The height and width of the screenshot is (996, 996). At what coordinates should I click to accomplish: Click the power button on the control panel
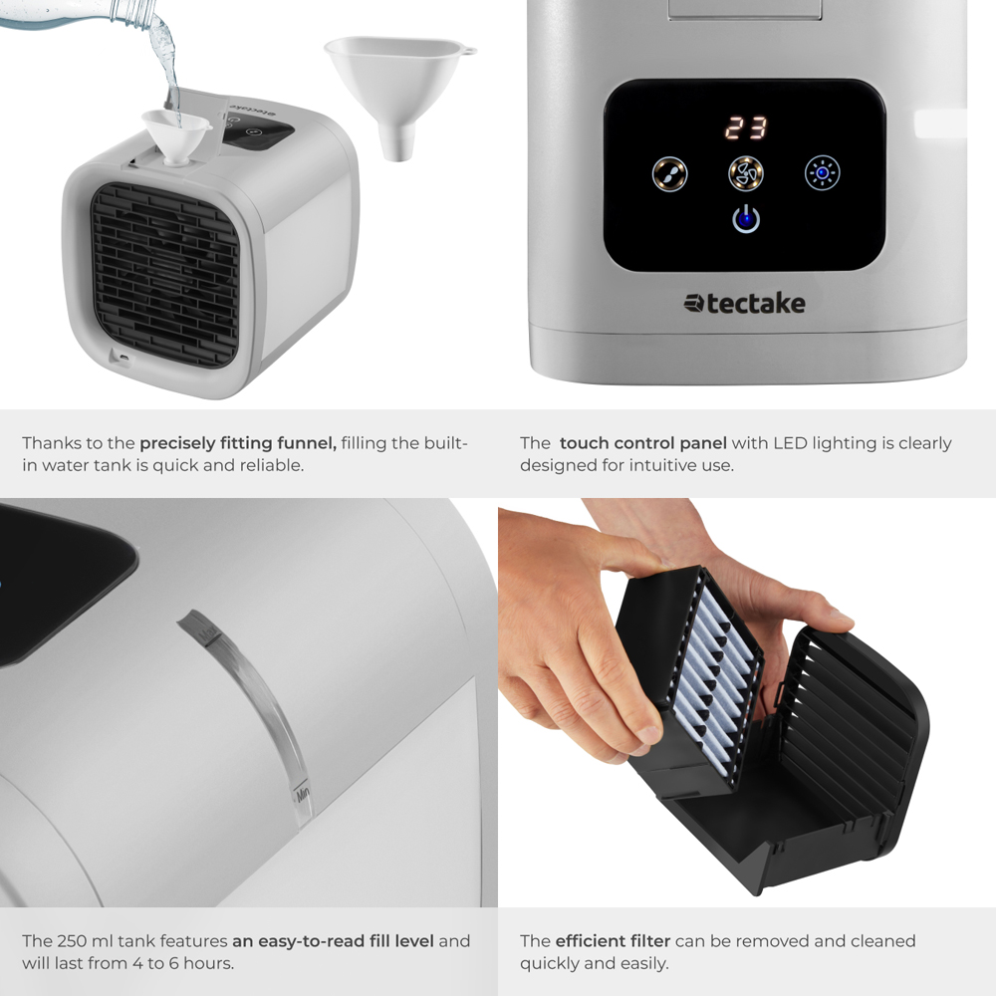pyautogui.click(x=745, y=219)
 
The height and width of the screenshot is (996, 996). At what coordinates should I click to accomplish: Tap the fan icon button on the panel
pyautogui.click(x=745, y=173)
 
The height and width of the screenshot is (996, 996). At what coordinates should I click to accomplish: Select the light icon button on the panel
pyautogui.click(x=822, y=173)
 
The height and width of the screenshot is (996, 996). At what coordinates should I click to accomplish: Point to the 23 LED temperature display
pyautogui.click(x=745, y=127)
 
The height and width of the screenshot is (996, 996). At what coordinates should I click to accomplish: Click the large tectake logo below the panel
pyautogui.click(x=745, y=303)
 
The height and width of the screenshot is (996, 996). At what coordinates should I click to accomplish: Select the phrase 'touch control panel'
pyautogui.click(x=643, y=443)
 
